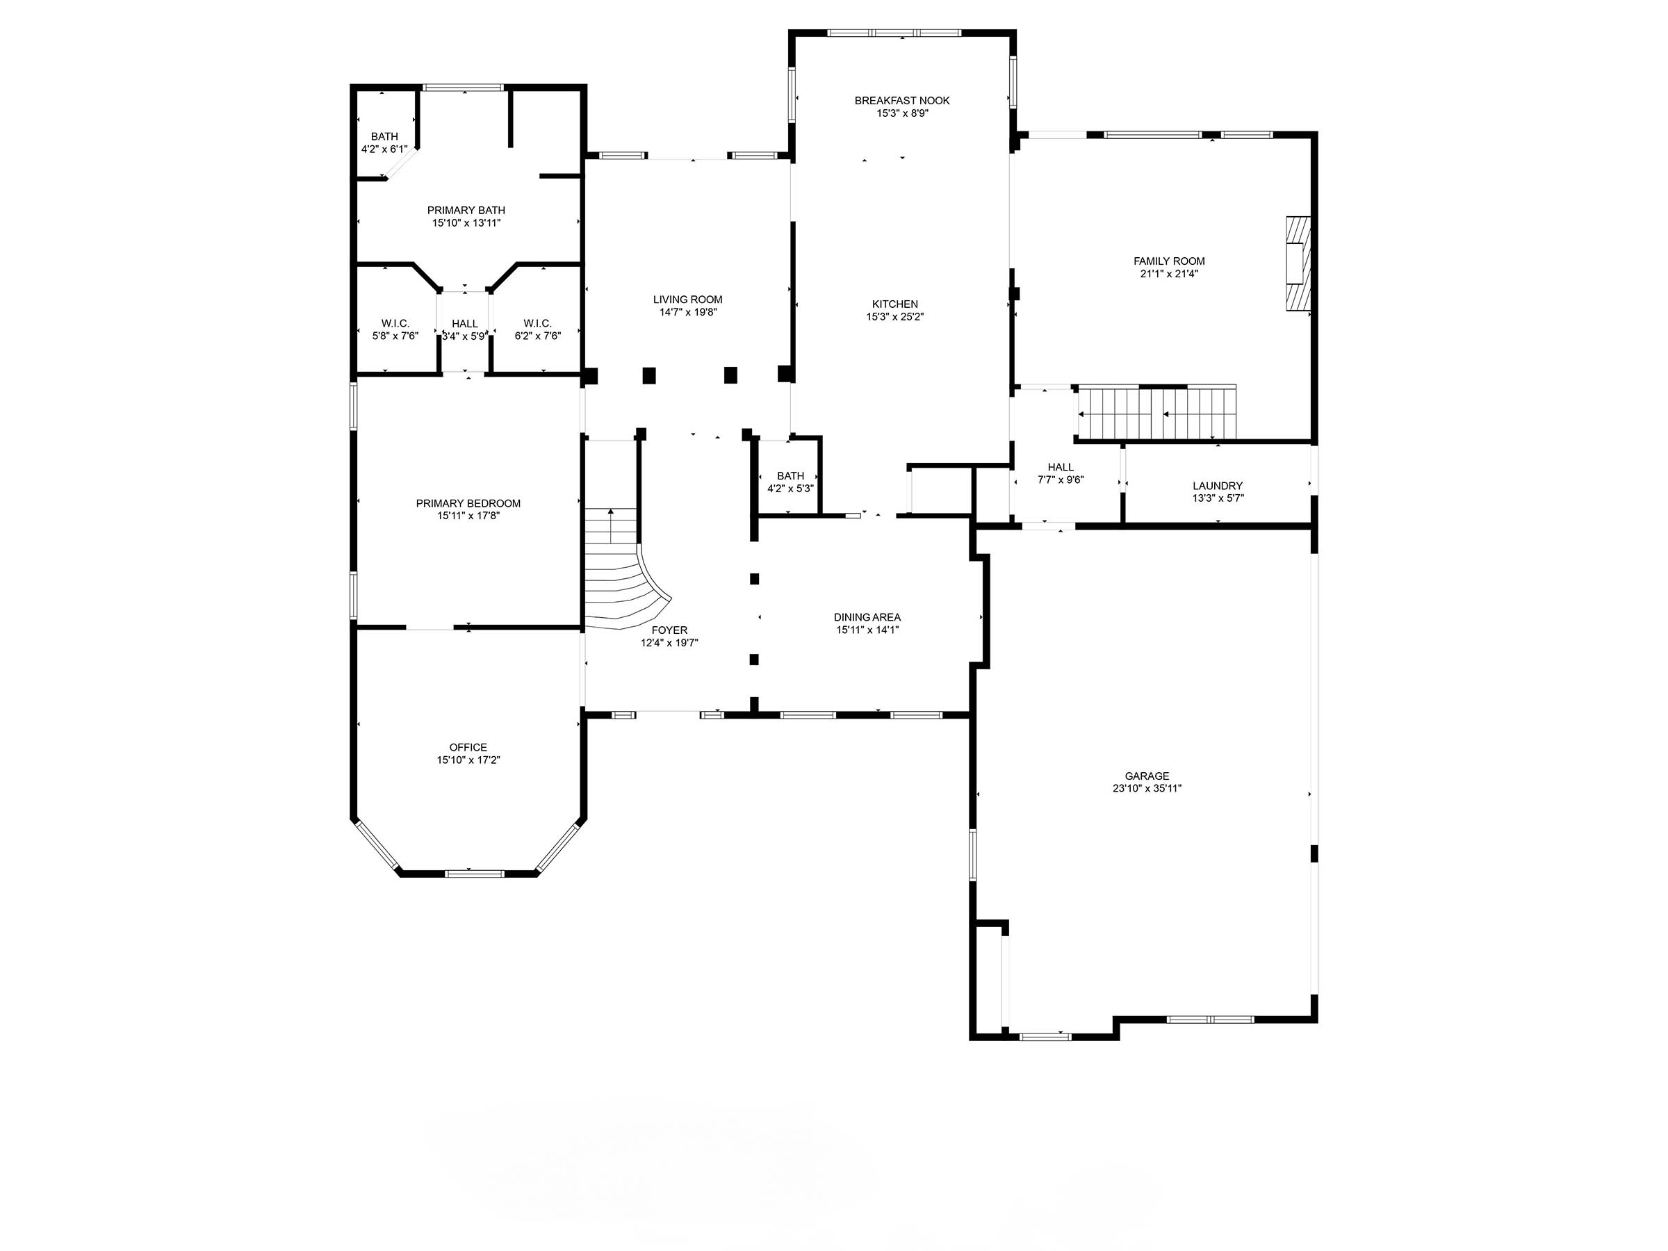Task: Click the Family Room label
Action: click(1168, 261)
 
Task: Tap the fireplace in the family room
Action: click(1298, 263)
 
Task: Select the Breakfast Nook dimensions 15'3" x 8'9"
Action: click(902, 114)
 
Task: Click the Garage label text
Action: click(1147, 776)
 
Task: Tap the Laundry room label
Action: click(1217, 486)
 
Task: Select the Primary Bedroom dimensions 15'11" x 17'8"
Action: click(468, 516)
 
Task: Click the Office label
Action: click(468, 747)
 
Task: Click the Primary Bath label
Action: click(466, 211)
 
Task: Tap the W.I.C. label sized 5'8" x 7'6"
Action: click(395, 323)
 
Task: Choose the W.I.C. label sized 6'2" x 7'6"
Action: click(538, 323)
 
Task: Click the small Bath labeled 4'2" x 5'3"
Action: click(790, 476)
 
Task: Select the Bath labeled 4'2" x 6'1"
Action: click(384, 136)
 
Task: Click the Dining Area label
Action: click(867, 617)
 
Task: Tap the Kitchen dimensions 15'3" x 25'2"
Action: click(895, 318)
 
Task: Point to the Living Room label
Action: click(688, 300)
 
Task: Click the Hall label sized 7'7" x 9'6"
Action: click(1060, 467)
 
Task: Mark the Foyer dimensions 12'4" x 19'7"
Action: click(669, 643)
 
